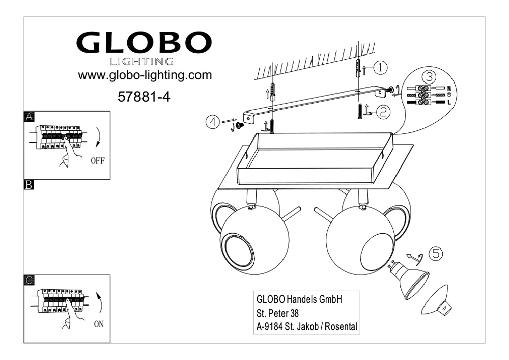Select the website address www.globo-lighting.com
point(145,75)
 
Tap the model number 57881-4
point(144,97)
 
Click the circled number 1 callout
point(380,68)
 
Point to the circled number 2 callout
point(383,112)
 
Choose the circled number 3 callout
point(429,77)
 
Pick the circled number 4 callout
point(213,122)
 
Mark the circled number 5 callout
point(436,253)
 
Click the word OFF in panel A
point(98,161)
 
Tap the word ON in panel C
point(99,324)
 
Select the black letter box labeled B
point(29,185)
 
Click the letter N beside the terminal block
point(449,88)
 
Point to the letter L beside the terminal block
point(449,103)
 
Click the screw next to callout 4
point(240,124)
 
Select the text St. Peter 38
point(277,313)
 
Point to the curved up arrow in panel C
point(100,301)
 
